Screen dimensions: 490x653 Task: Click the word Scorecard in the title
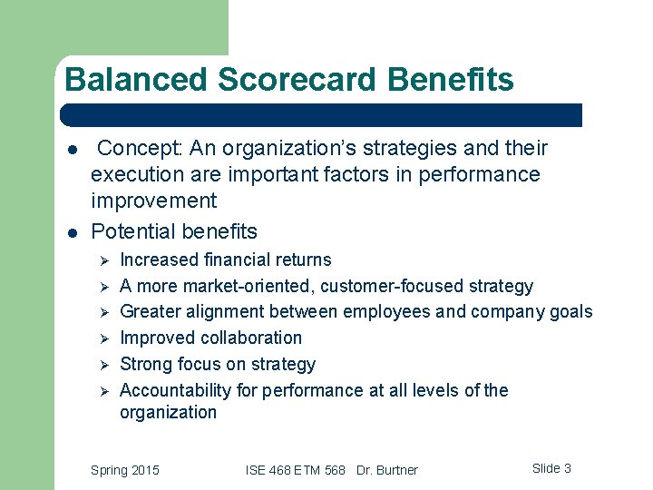(290, 80)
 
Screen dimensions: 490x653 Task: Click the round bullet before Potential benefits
(70, 232)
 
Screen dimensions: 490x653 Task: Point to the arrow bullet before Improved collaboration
(104, 338)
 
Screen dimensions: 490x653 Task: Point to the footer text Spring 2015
(125, 470)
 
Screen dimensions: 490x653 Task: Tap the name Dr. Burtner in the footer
(387, 470)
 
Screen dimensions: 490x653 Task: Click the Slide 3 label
(551, 468)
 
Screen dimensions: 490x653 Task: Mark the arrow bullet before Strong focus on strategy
(104, 365)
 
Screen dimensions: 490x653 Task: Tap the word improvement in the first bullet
(153, 201)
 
